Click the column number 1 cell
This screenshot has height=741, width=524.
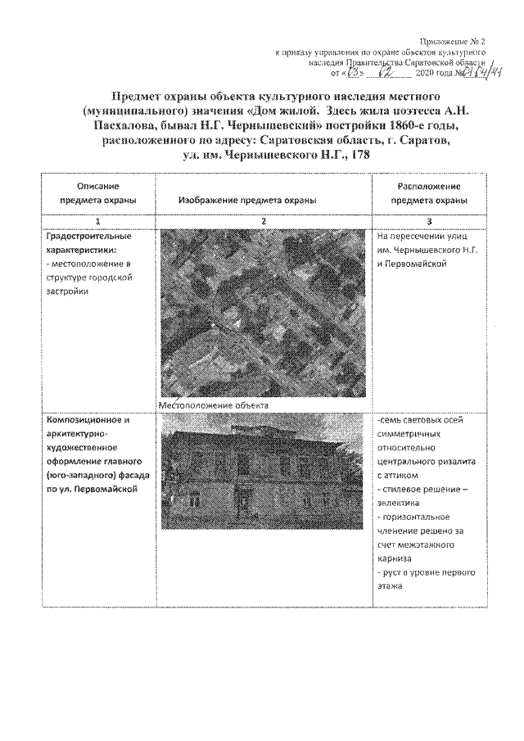[97, 221]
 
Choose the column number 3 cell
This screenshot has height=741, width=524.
[428, 221]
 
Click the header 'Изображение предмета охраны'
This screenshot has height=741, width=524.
[246, 200]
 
